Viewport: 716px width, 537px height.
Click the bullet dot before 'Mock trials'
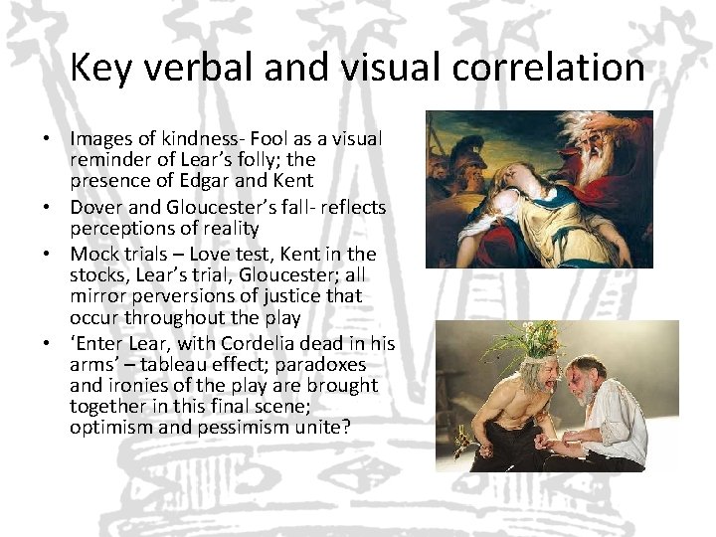click(x=47, y=255)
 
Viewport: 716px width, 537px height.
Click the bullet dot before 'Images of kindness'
click(x=47, y=139)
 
